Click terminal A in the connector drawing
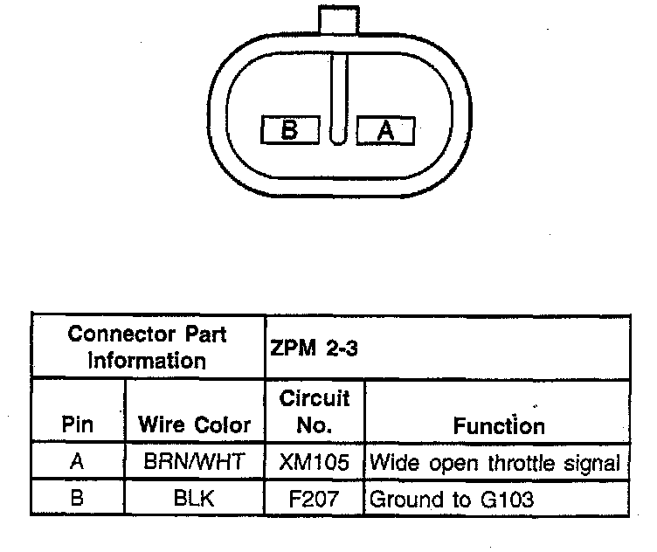point(386,130)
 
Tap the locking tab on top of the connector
point(338,19)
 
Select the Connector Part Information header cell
point(148,347)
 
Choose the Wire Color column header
point(194,425)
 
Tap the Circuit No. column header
point(315,411)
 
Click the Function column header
point(499,425)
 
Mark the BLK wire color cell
point(194,500)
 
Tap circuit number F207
point(315,500)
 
